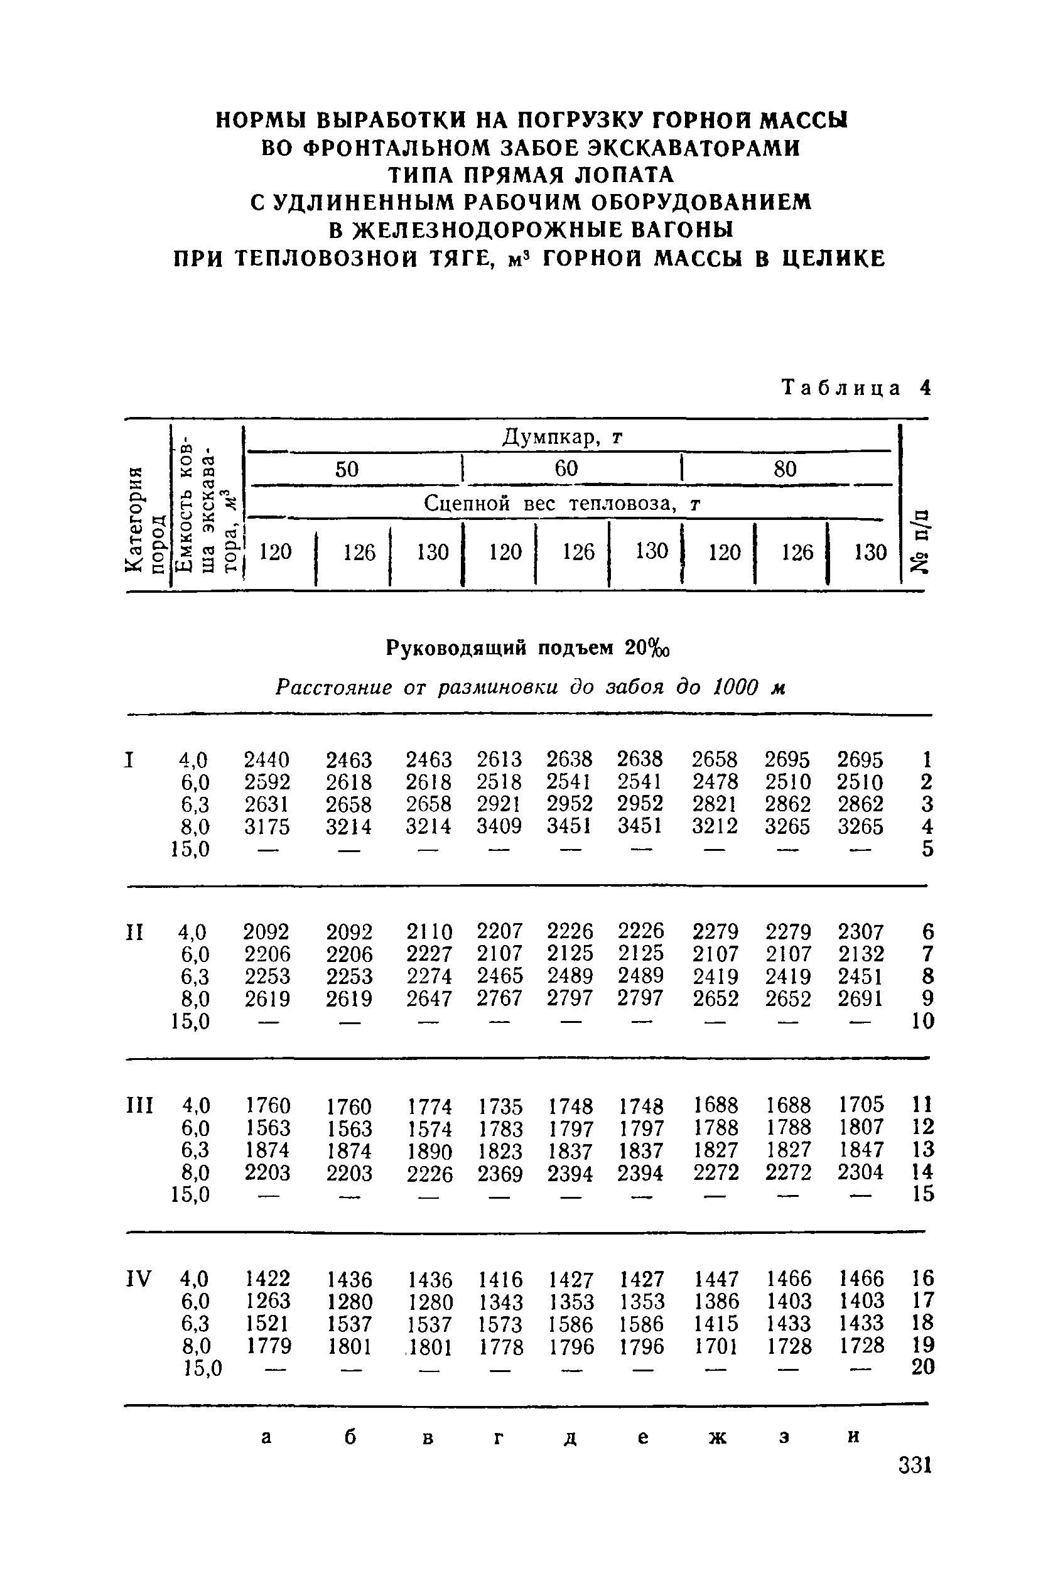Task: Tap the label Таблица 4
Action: pos(857,388)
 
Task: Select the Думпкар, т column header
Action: pos(563,438)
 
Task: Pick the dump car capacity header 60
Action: pos(566,468)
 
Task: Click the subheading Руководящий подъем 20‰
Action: pos(529,647)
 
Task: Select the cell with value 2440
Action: pos(267,760)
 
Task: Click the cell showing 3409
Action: pos(499,826)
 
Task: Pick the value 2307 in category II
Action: pos(860,932)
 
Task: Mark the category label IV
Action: pos(139,1277)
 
